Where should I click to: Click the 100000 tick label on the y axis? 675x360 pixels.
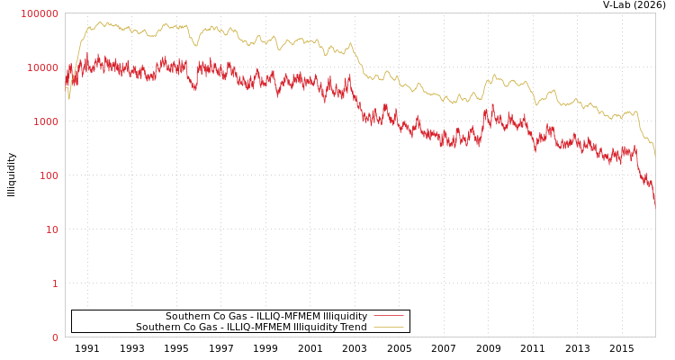click(40, 13)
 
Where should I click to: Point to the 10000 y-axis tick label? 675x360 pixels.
click(42, 67)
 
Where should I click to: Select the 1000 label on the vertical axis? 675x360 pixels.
click(45, 121)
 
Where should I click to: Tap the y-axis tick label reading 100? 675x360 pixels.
click(48, 175)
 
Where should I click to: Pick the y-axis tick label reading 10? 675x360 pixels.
click(51, 229)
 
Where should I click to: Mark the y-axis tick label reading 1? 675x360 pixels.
click(55, 283)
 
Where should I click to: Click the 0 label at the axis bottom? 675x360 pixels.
click(55, 337)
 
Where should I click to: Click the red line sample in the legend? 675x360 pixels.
click(388, 316)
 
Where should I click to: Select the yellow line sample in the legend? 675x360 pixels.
click(388, 327)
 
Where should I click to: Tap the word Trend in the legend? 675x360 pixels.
click(352, 327)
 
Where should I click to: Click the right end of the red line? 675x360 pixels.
click(655, 205)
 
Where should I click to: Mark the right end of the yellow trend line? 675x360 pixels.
click(655, 157)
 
